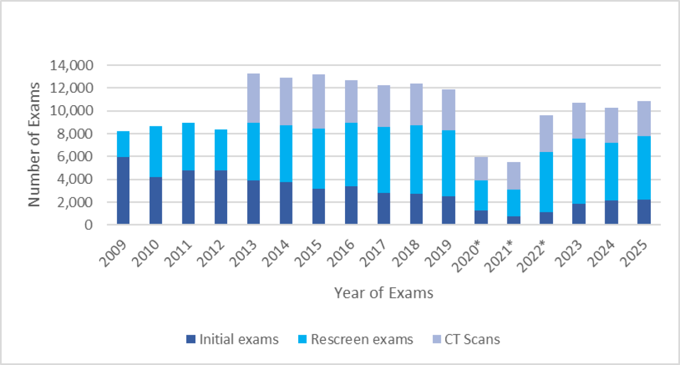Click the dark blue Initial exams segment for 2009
(123, 190)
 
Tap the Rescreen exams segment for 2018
(416, 159)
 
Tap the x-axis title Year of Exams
(383, 293)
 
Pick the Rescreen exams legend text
(362, 340)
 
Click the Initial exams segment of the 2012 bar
(221, 197)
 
